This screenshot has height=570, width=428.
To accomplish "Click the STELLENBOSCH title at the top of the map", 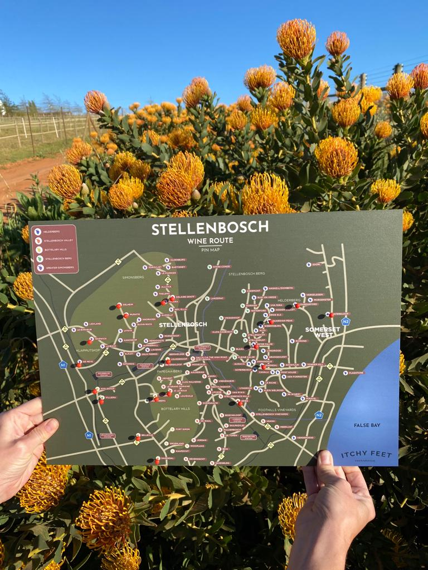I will [210, 228].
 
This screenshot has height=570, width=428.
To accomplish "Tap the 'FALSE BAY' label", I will [366, 425].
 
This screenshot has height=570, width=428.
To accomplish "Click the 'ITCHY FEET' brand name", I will [363, 454].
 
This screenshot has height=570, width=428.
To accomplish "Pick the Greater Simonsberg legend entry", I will [56, 268].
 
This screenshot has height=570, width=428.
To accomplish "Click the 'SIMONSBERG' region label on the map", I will [134, 277].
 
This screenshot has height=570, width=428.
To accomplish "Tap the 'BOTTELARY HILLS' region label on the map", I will [175, 409].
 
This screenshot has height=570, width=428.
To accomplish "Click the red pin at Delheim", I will [119, 305].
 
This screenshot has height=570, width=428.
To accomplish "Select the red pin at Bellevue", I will [138, 438].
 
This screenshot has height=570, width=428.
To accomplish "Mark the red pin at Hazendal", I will [157, 459].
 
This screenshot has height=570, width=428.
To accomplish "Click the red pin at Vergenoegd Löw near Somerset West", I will [330, 315].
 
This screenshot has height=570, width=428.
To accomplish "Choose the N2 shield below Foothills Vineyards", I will [319, 415].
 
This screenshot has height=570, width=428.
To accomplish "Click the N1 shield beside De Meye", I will [63, 365].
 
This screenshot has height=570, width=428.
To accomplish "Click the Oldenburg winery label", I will [178, 260].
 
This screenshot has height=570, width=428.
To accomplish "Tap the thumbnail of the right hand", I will [325, 459].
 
